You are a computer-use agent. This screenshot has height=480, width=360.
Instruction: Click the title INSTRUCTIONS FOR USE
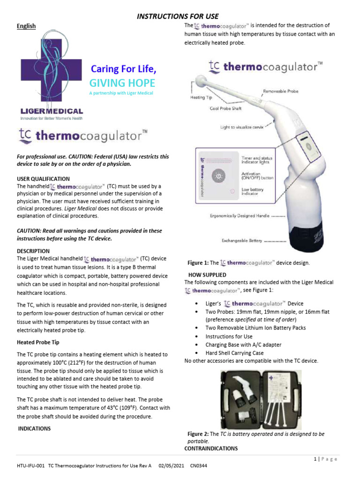point(178,16)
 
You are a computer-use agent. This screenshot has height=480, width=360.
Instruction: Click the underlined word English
point(26,26)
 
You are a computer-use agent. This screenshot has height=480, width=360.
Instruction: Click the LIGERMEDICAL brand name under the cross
point(52,112)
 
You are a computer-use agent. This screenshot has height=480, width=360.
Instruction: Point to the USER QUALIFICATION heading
point(43,179)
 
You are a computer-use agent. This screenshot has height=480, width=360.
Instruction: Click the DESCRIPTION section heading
point(33,251)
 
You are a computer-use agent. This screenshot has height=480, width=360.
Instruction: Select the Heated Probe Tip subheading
point(38,342)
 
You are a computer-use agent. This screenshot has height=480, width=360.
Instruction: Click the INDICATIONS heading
point(34,428)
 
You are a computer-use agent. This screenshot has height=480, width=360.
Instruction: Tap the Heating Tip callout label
point(201,98)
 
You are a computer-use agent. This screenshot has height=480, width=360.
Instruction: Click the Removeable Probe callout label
point(280,91)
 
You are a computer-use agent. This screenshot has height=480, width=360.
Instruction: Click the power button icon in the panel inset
point(218,176)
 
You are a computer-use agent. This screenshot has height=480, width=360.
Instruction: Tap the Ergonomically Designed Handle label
point(240,216)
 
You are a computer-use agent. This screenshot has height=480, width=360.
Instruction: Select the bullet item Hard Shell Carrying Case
point(234,353)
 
